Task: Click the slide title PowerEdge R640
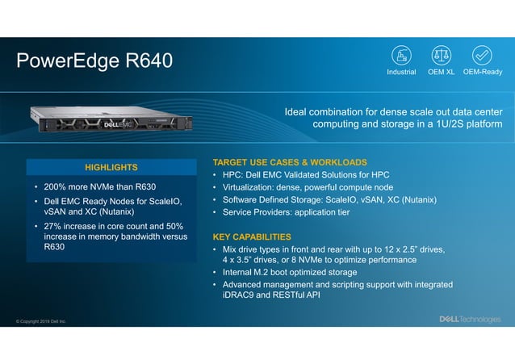[94, 61]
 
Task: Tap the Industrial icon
[401, 55]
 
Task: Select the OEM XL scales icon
[442, 55]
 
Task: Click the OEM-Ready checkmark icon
[482, 55]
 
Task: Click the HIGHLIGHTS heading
[111, 167]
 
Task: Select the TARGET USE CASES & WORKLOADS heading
[289, 162]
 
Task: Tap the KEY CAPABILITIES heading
[252, 237]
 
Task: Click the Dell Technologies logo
[469, 320]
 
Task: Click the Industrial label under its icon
[401, 72]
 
